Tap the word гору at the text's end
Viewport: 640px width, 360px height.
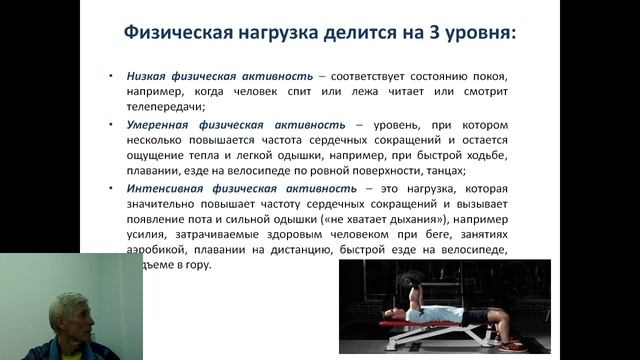(x=195, y=265)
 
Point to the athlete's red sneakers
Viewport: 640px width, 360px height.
(x=510, y=345)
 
